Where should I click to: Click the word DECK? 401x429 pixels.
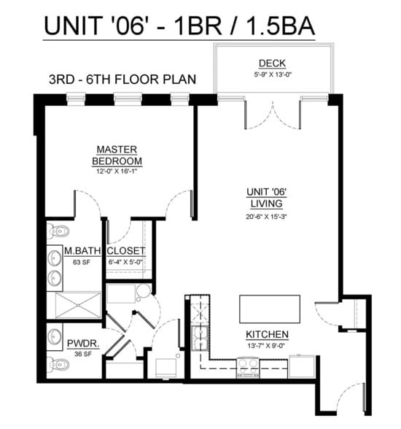coord(271,63)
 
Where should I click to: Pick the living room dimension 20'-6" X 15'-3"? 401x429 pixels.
coord(265,216)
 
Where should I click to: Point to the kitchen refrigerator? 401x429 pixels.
coord(301,366)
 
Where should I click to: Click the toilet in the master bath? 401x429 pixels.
coord(58,233)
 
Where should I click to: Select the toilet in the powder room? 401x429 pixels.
coord(58,363)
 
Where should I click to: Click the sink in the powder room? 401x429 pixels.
coord(55,336)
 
